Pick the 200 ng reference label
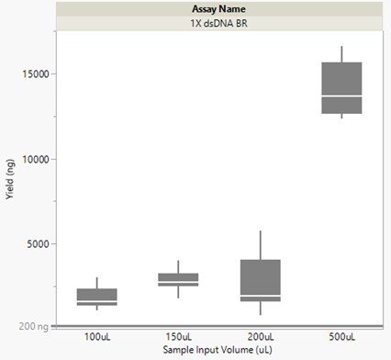pyautogui.click(x=36, y=326)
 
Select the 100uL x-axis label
pyautogui.click(x=96, y=337)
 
